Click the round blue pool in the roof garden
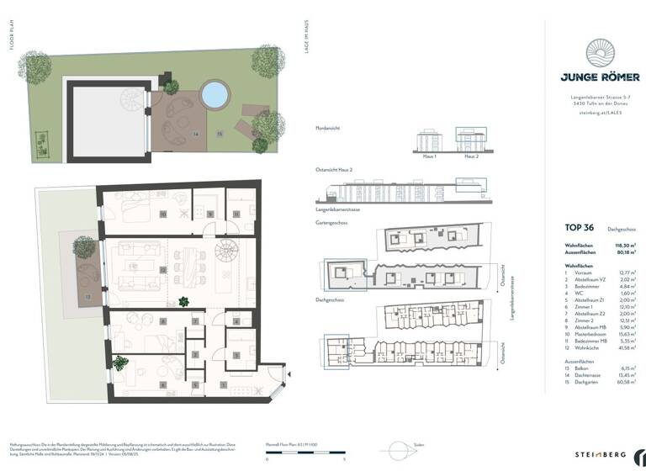tap(215, 94)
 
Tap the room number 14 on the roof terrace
tap(195, 133)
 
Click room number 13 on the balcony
tap(87, 297)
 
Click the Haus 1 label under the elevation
tap(430, 157)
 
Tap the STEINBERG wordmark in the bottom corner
tap(600, 453)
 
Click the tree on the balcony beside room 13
tap(84, 248)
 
